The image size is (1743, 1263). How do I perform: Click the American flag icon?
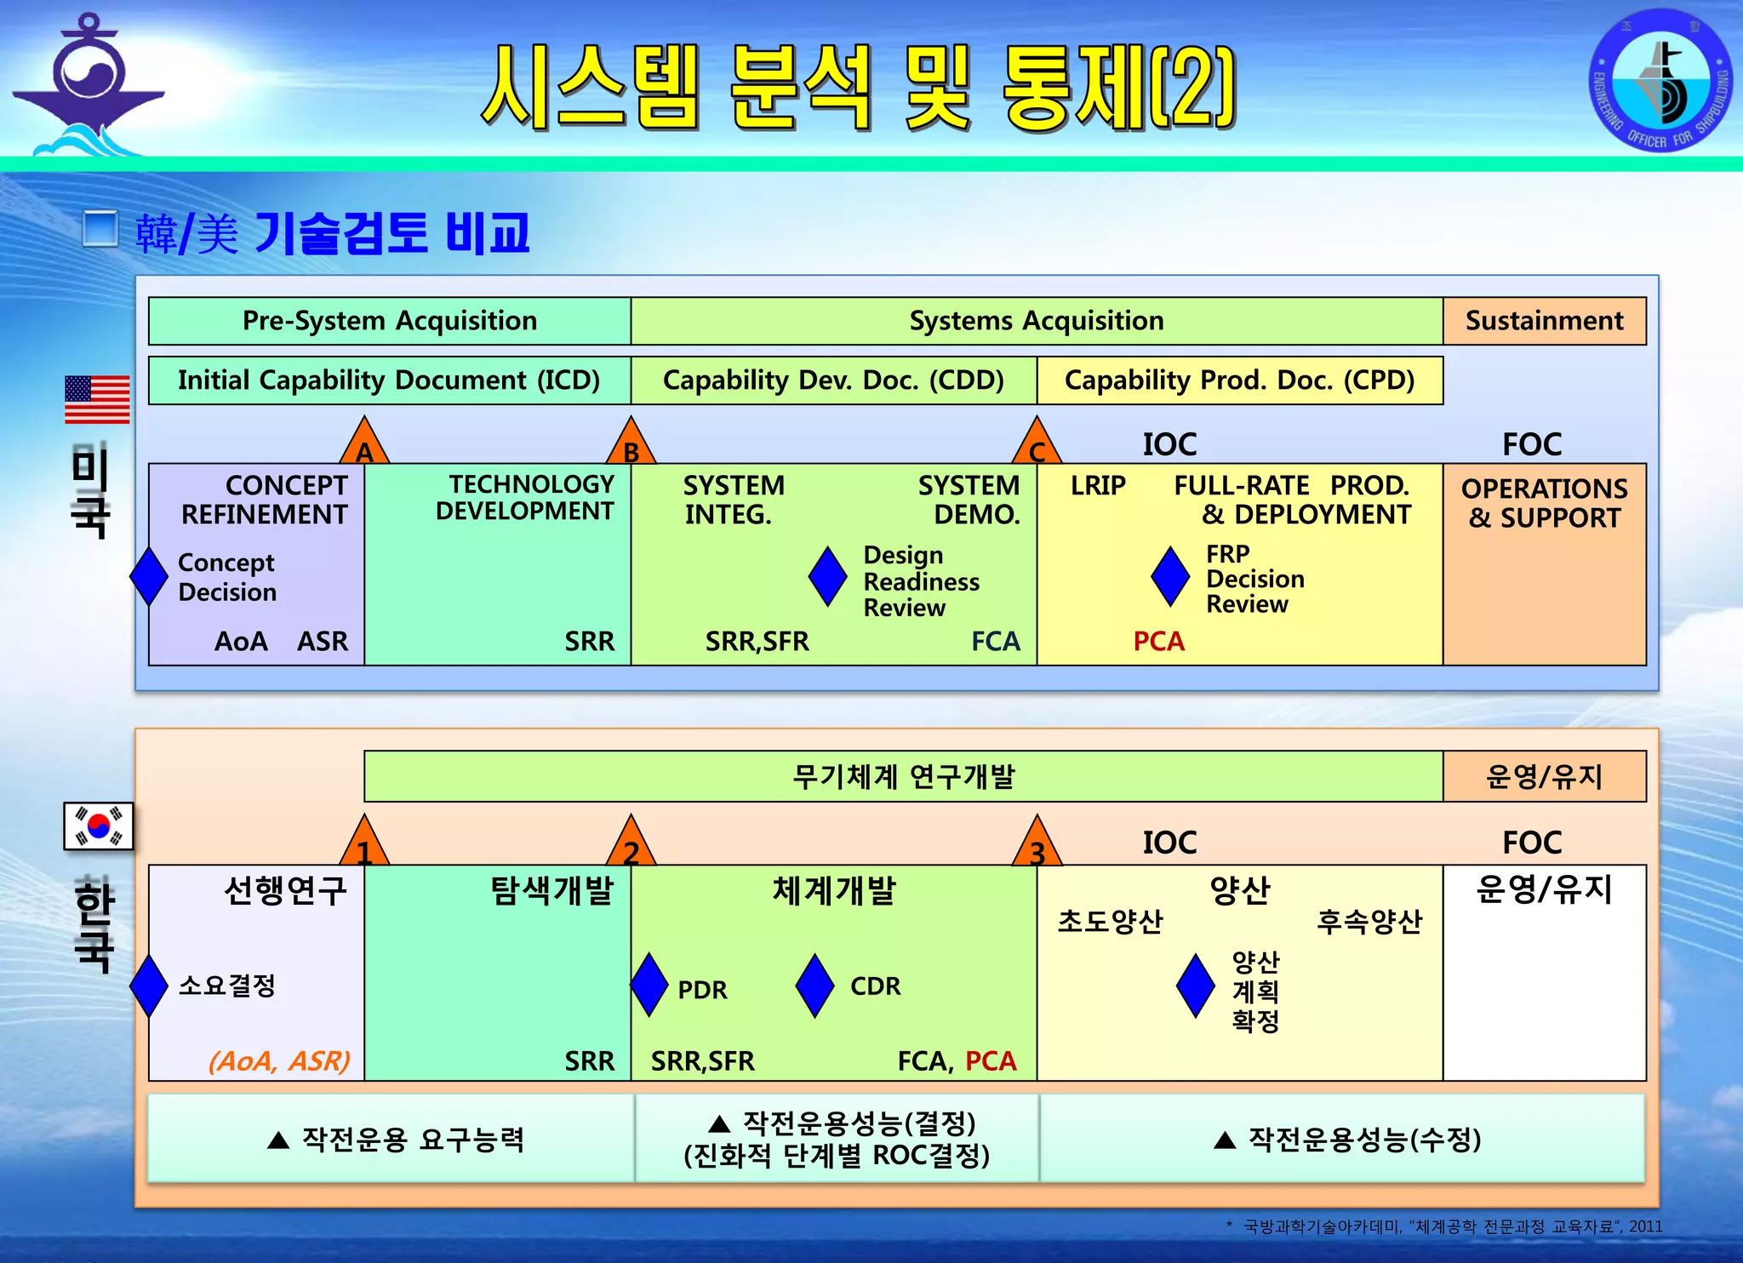(97, 399)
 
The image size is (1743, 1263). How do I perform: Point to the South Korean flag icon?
(99, 826)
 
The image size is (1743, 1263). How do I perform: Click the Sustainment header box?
(1544, 321)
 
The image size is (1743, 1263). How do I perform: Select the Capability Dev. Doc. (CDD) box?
(833, 380)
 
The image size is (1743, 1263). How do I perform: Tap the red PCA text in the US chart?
(1158, 641)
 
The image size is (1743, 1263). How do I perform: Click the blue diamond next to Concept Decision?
(149, 576)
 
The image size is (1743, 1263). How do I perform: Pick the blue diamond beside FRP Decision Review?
(1170, 576)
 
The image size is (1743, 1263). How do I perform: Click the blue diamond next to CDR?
(814, 985)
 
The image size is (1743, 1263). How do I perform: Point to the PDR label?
(702, 990)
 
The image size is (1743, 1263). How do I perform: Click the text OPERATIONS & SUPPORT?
(1544, 503)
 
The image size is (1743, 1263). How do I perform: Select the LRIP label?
(1098, 485)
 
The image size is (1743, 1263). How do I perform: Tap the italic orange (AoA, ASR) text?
(279, 1060)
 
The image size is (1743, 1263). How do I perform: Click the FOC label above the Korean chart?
(1531, 843)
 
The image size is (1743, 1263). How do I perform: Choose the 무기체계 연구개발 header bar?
(903, 776)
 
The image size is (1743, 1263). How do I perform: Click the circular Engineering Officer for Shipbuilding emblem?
(1660, 81)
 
